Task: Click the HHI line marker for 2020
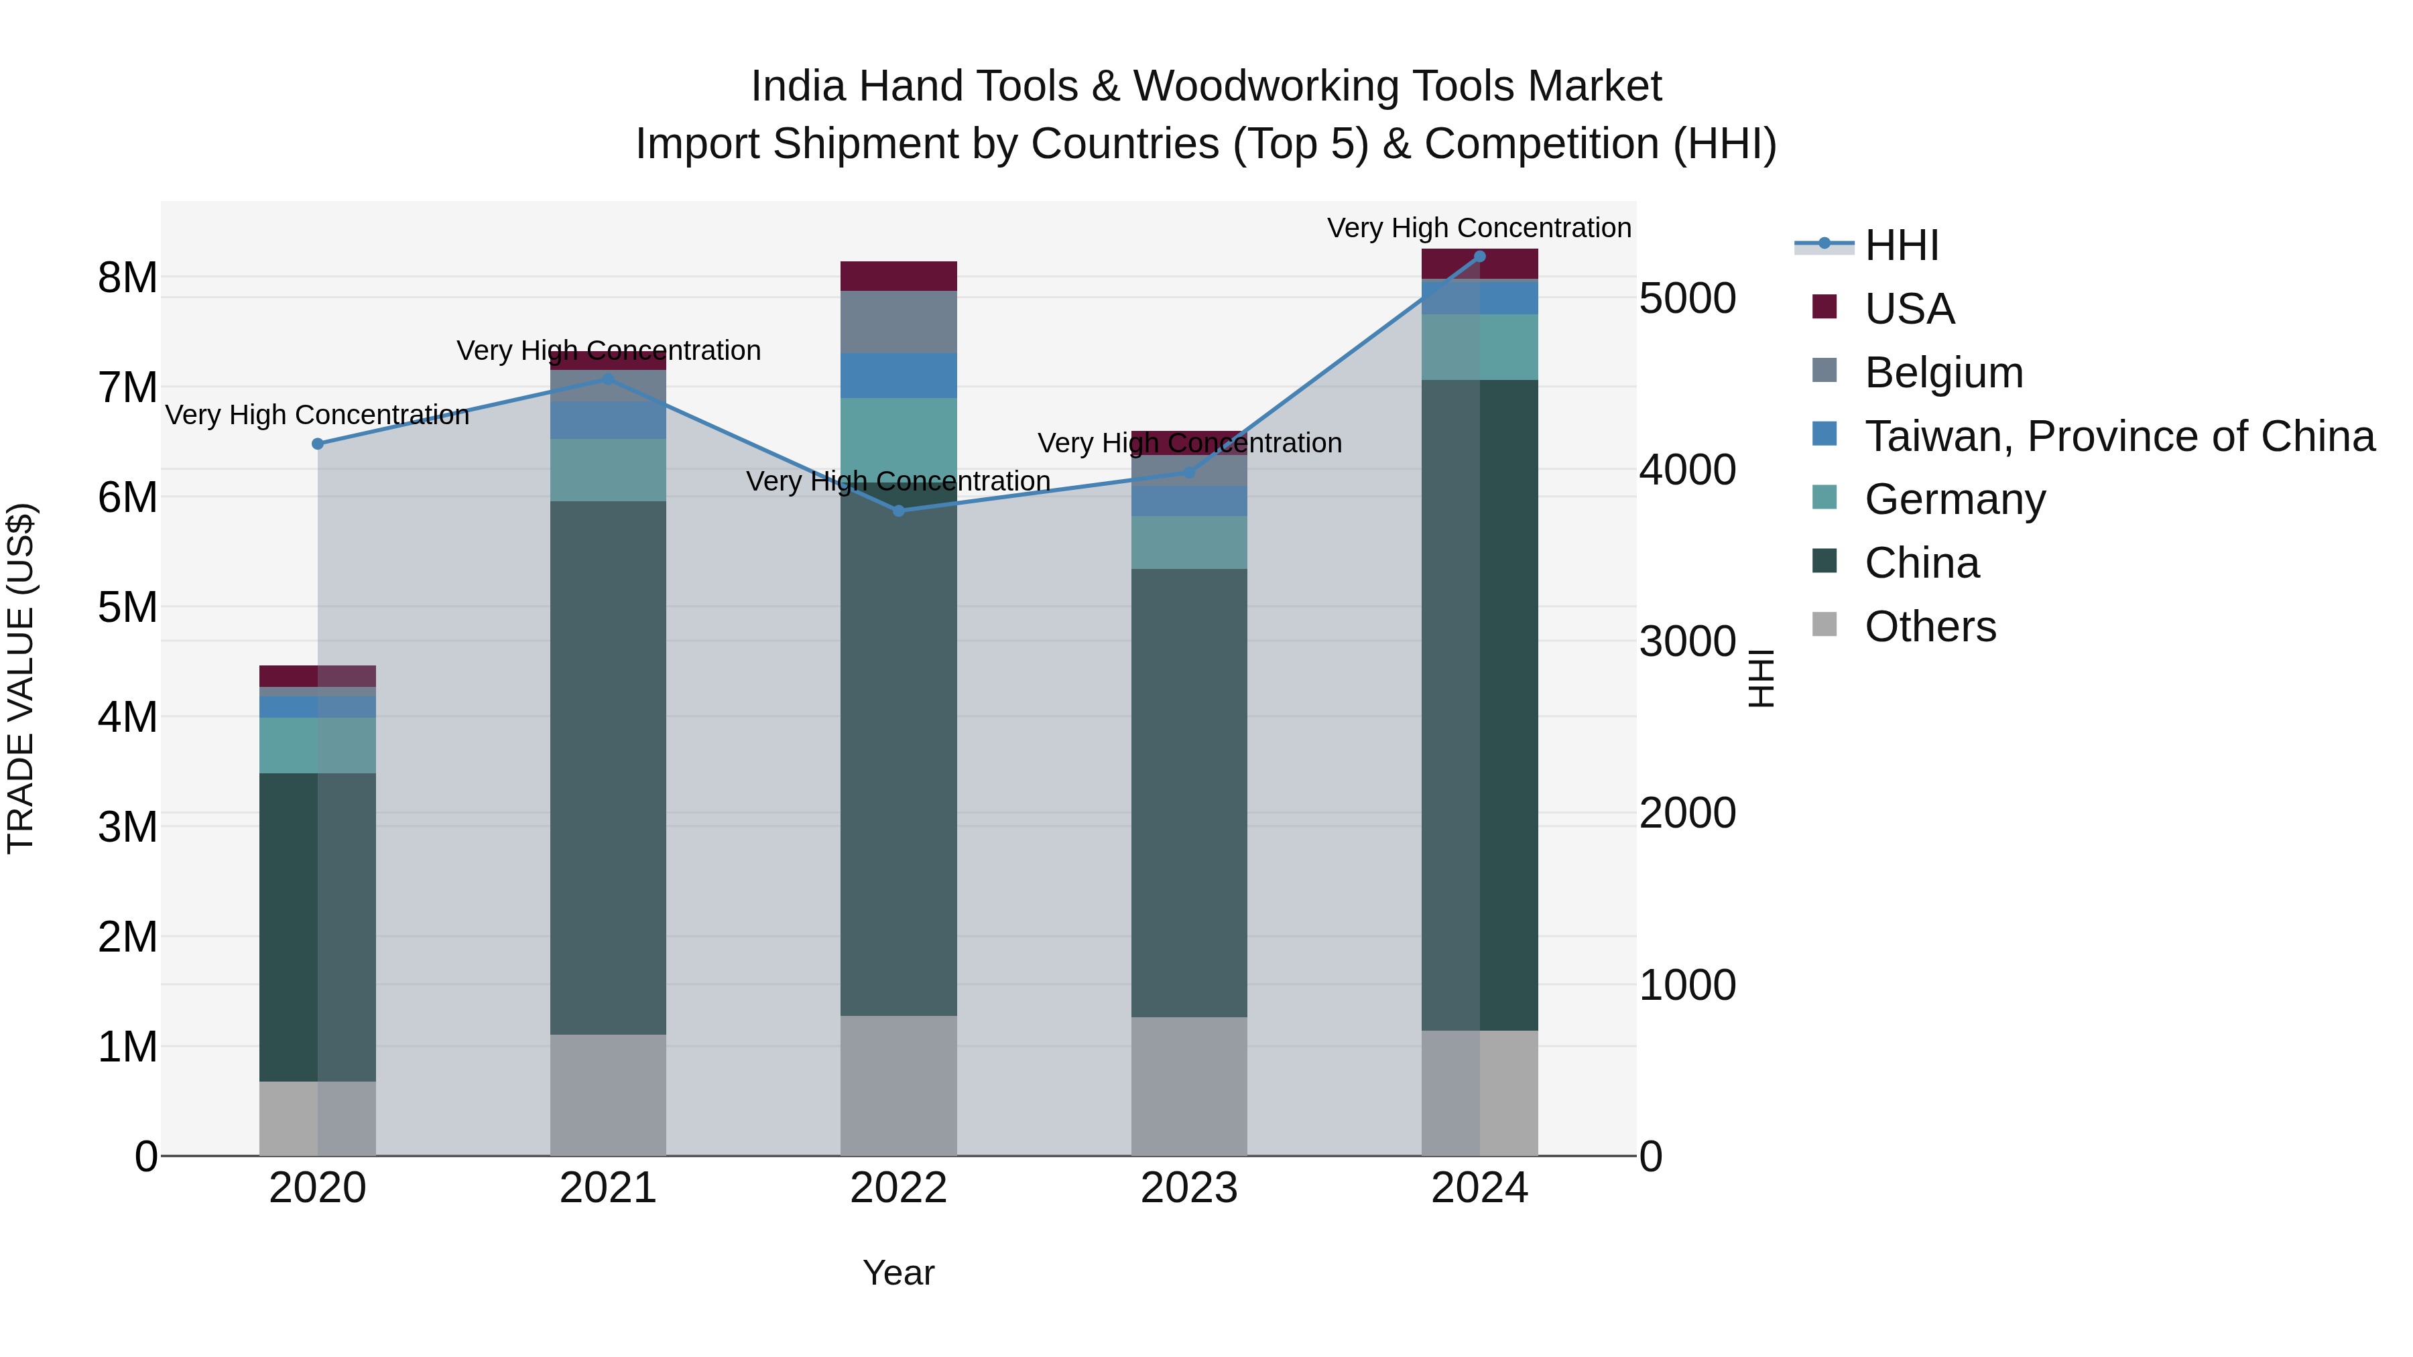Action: (318, 444)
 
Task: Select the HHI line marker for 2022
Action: (898, 511)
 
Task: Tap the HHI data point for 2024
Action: (1479, 256)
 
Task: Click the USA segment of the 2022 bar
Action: (898, 276)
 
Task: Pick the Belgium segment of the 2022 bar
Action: (898, 322)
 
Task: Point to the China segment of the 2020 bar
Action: (318, 927)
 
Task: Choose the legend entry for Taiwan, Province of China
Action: (2119, 436)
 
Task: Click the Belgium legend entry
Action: (1944, 373)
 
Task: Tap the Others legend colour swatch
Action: (1824, 625)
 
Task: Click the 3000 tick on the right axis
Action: (1687, 643)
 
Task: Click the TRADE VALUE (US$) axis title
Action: (21, 678)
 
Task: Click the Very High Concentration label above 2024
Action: (1479, 228)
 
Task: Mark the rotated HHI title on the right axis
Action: (1761, 678)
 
